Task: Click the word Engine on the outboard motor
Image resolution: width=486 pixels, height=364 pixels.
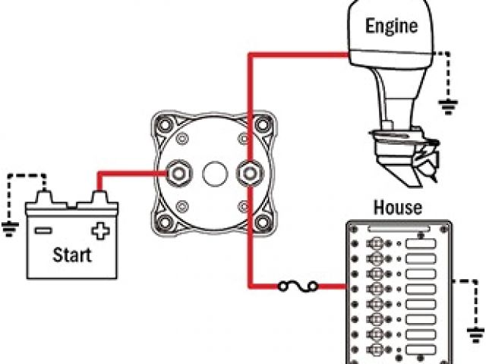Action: (391, 27)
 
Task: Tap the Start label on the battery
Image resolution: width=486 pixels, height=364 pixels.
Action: (71, 254)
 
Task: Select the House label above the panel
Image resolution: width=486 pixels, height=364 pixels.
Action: (398, 207)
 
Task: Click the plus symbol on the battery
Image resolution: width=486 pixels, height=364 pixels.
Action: (99, 229)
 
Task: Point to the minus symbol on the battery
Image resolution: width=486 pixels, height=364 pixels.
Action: (43, 229)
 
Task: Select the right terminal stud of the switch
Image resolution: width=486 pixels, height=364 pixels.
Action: (248, 174)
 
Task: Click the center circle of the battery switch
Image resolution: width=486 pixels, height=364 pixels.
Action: (214, 174)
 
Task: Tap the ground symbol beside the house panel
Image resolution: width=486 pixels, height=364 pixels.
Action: (476, 334)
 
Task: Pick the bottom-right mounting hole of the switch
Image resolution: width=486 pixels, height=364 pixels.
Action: (263, 223)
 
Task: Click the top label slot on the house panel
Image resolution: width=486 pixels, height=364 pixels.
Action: (423, 245)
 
